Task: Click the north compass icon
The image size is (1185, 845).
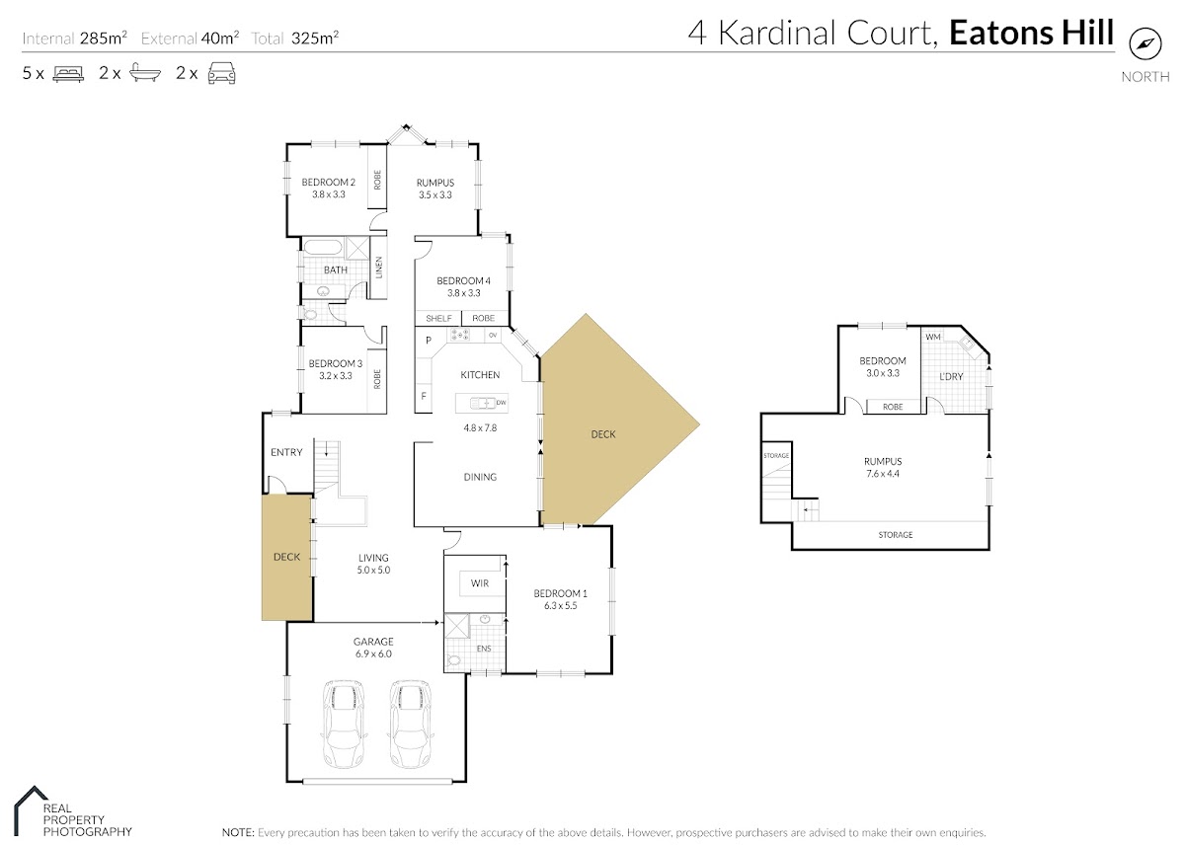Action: coord(1145,44)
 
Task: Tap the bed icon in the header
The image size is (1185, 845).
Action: coord(68,73)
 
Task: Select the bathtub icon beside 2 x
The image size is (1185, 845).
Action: coord(145,72)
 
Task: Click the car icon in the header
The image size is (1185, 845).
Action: coord(221,73)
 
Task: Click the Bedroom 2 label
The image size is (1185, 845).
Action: coord(329,182)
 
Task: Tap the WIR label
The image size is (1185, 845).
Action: coord(480,583)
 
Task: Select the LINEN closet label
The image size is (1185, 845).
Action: coord(378,268)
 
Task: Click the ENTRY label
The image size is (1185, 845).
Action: coord(286,452)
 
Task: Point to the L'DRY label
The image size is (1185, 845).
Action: coord(951,376)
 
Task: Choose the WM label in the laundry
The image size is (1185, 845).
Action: coord(933,337)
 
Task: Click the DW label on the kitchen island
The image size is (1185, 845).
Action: coord(501,403)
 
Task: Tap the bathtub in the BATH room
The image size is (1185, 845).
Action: coord(322,248)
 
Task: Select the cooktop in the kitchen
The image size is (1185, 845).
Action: coord(458,335)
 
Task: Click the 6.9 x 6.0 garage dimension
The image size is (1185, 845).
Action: coord(373,654)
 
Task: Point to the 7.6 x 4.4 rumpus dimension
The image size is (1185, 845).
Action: coord(883,474)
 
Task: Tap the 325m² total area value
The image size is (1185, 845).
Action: coord(315,38)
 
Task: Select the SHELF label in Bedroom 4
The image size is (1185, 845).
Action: coord(438,318)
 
